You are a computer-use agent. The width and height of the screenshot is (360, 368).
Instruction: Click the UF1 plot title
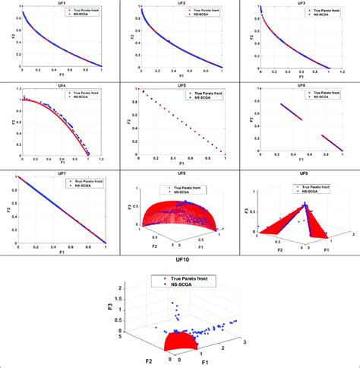pyautogui.click(x=62, y=3)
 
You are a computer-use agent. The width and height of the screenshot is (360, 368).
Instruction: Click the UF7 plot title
pyautogui.click(x=62, y=173)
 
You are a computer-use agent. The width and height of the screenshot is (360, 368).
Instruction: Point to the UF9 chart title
pyautogui.click(x=298, y=173)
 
